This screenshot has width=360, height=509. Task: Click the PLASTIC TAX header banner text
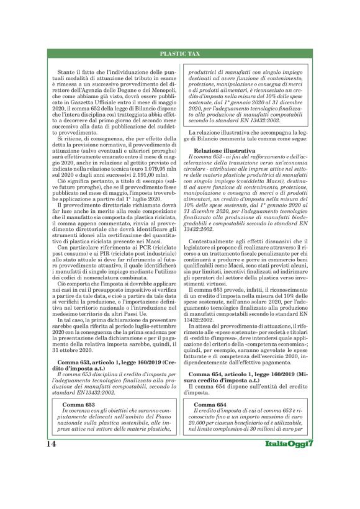click(180, 55)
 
